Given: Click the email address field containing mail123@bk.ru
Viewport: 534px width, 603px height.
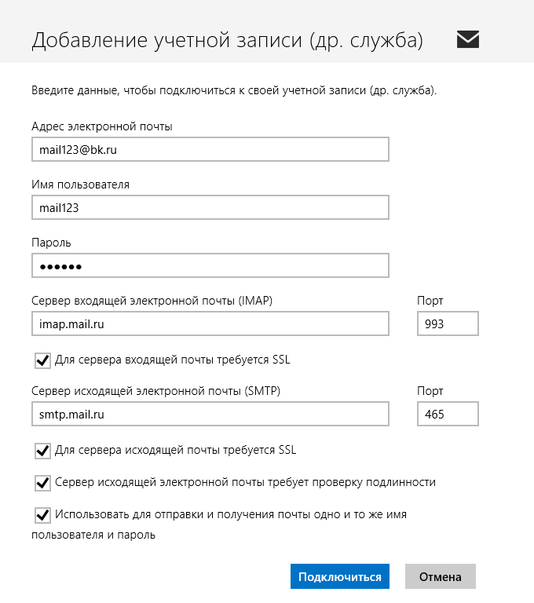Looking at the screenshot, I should pos(210,148).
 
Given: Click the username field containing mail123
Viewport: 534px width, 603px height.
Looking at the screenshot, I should pos(210,207).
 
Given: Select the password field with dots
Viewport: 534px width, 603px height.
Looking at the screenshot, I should pos(210,266).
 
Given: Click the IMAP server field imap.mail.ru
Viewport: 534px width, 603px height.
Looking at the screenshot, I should pos(210,323).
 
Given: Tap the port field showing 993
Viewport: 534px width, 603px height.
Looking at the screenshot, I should pos(447,323).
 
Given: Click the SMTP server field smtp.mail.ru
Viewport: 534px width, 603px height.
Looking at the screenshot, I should pos(210,414).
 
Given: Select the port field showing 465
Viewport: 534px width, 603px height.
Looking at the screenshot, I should pos(447,414).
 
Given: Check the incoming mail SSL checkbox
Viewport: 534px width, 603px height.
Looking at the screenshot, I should pos(42,360).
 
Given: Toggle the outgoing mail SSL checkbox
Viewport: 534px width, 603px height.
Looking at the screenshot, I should pos(42,451).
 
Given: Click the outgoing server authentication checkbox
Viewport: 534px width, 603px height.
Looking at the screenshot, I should pos(42,482).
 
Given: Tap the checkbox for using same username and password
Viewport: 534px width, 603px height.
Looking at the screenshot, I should pos(42,515).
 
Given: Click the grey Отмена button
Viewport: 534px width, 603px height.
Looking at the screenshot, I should pos(440,576).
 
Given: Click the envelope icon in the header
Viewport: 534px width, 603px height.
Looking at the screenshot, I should pos(467,39).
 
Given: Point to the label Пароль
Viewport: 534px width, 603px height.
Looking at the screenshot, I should pos(51,243).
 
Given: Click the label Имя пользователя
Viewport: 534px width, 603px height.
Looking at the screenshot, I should pos(80,185).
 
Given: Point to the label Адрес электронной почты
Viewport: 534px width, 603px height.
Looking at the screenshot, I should pos(101,126).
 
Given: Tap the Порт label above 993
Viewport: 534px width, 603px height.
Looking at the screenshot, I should pos(430,301).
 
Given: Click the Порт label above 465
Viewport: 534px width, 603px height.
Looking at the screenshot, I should pos(430,391).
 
